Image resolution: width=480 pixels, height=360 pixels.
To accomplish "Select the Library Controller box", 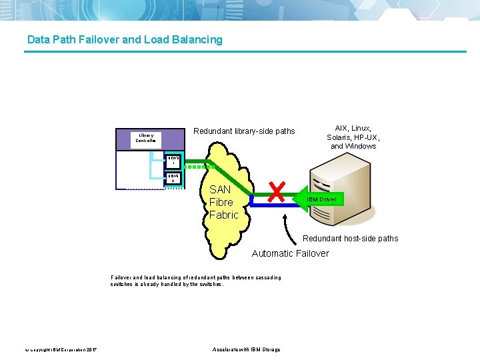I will [x=145, y=138].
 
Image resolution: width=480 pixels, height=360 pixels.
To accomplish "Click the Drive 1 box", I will [x=172, y=160].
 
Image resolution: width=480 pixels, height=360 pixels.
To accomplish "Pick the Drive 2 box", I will [x=172, y=178].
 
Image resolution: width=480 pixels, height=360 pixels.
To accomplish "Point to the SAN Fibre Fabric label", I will [x=223, y=202].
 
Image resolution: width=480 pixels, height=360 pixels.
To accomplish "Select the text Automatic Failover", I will [x=290, y=253].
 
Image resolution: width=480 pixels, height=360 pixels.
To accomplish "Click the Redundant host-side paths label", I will [x=350, y=238].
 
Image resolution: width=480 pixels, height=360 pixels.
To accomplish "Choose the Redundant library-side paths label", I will [x=243, y=131].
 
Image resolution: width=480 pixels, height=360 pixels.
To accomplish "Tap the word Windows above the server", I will [x=363, y=146].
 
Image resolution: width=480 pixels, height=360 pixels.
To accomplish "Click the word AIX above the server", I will [x=341, y=128].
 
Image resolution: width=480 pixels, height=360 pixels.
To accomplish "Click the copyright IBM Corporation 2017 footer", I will [x=61, y=349].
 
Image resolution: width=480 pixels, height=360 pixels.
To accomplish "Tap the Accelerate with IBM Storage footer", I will [x=246, y=349].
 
